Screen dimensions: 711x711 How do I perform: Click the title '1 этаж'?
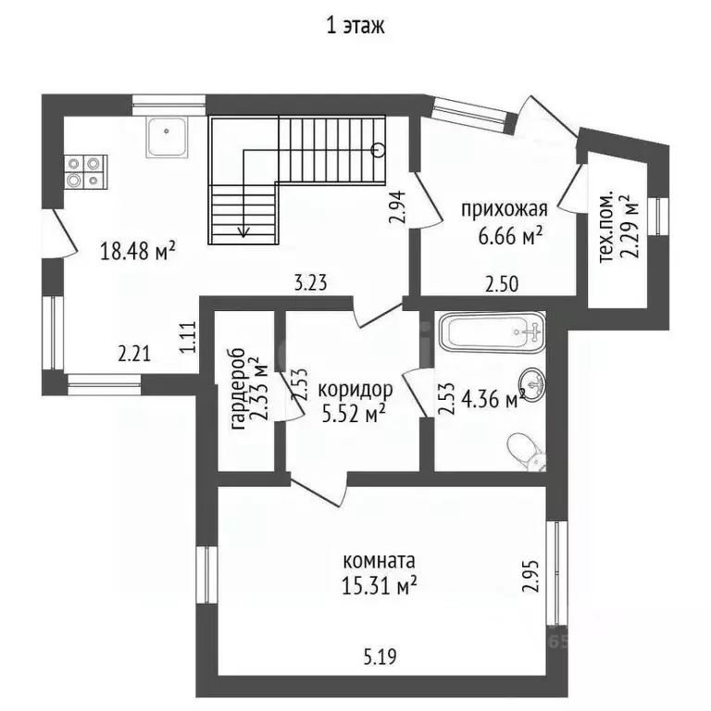click(355, 26)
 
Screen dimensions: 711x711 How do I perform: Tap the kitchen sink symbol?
click(167, 137)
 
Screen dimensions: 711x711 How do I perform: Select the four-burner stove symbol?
click(85, 172)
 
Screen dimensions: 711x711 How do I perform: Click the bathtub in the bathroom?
click(491, 332)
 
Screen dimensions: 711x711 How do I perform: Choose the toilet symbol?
click(526, 453)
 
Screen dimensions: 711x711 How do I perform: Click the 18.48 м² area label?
click(137, 251)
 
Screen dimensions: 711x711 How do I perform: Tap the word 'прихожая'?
click(505, 210)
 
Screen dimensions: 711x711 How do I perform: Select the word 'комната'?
click(379, 561)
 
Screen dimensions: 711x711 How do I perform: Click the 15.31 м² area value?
click(379, 585)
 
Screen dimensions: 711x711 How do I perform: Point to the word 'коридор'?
click(355, 390)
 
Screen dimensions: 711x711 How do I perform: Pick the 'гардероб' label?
click(238, 389)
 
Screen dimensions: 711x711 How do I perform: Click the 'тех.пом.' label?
click(606, 226)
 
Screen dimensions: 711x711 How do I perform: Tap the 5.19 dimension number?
click(380, 656)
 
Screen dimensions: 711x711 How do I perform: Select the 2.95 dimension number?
click(530, 576)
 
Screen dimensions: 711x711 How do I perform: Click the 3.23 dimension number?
click(311, 283)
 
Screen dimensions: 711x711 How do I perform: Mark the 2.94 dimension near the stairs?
click(397, 207)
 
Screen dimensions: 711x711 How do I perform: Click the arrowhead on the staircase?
click(244, 232)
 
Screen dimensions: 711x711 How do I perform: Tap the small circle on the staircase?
click(378, 150)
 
